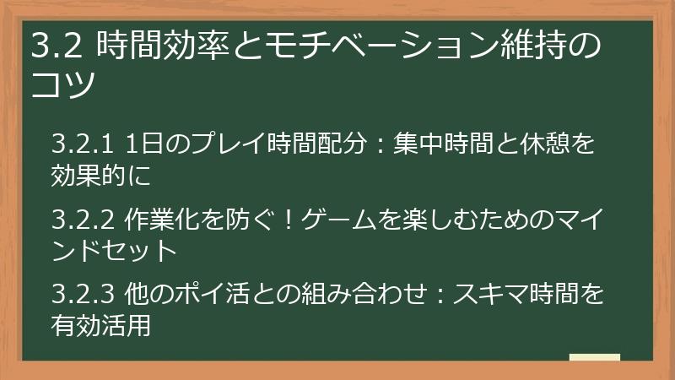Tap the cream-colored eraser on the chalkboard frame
(594, 356)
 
